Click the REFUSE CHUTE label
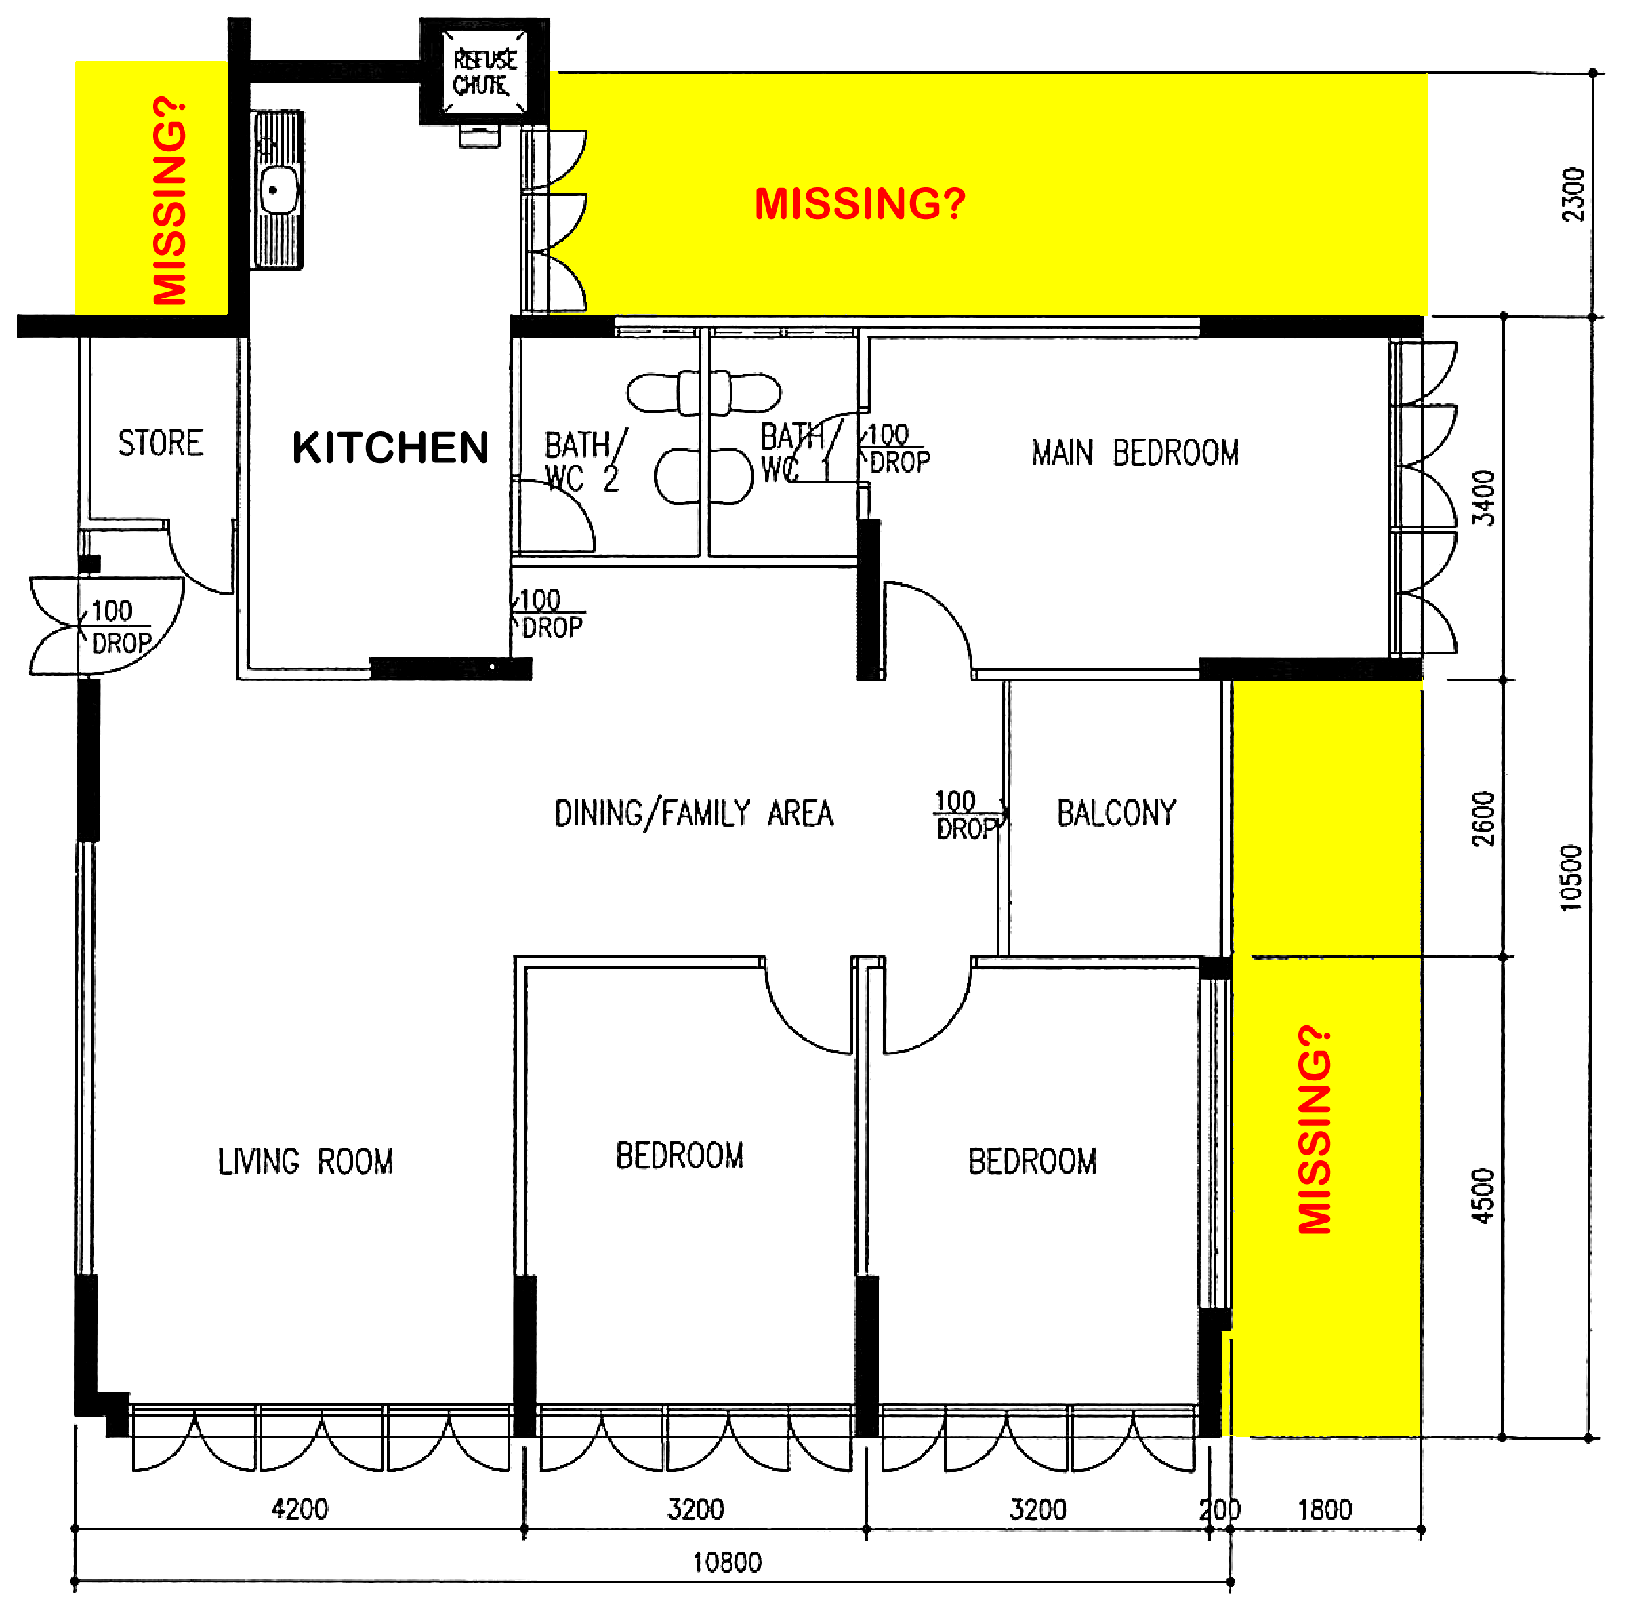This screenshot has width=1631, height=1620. (x=484, y=73)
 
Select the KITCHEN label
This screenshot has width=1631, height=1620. (x=390, y=448)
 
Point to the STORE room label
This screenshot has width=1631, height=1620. (x=161, y=443)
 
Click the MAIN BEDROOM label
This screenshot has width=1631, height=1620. (x=1136, y=453)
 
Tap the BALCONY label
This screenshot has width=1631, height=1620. (x=1116, y=813)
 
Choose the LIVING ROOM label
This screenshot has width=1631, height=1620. (x=306, y=1162)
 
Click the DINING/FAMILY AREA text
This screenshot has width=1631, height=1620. (x=694, y=813)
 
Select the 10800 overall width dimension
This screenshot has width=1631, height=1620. (x=727, y=1562)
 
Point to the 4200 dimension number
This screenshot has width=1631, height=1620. (x=300, y=1509)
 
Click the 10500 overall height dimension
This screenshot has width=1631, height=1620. (x=1571, y=878)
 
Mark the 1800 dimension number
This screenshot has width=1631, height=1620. (x=1325, y=1509)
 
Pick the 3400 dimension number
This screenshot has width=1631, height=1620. (x=1483, y=498)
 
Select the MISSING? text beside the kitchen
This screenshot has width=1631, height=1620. (x=169, y=201)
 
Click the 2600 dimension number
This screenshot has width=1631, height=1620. (x=1483, y=818)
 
